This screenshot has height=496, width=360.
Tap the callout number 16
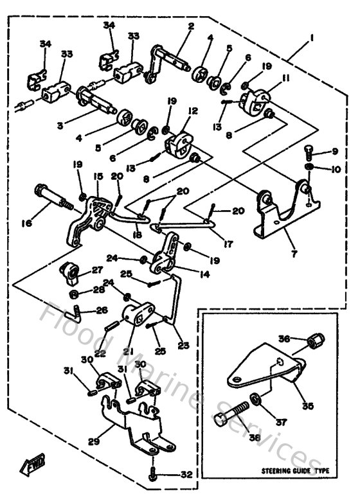26,223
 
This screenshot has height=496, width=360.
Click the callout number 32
187,475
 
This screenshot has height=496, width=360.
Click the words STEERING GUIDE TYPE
295,471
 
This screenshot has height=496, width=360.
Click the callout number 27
96,270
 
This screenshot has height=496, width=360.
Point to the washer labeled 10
309,167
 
